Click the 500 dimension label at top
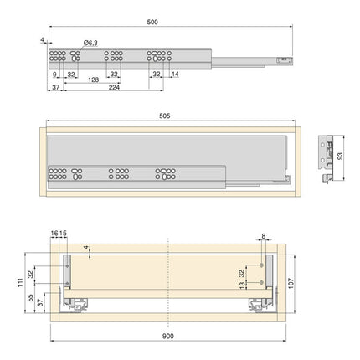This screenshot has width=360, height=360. (152, 23)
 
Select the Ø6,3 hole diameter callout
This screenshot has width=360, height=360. (90, 43)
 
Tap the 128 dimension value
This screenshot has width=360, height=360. (93, 80)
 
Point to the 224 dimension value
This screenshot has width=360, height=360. (114, 88)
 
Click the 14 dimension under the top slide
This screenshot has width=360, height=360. (175, 75)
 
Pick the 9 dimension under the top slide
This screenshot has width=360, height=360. (54, 75)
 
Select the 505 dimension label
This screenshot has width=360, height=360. (164, 116)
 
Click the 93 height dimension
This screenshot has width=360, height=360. (340, 157)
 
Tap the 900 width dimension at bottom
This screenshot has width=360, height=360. (168, 337)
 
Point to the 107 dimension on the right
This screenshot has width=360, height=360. (291, 283)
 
